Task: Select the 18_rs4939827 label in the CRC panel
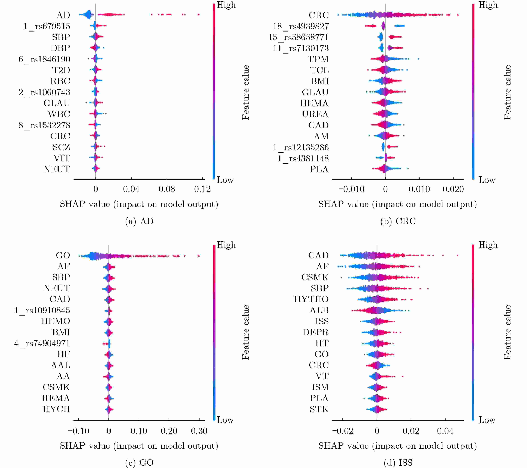point(301,26)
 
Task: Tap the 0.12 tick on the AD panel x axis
point(202,189)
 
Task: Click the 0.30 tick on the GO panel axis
point(199,431)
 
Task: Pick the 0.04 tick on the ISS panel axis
point(445,431)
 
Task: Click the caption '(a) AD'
point(139,221)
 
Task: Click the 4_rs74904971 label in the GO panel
point(42,343)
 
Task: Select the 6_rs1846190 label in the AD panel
point(44,59)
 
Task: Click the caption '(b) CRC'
point(398,221)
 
